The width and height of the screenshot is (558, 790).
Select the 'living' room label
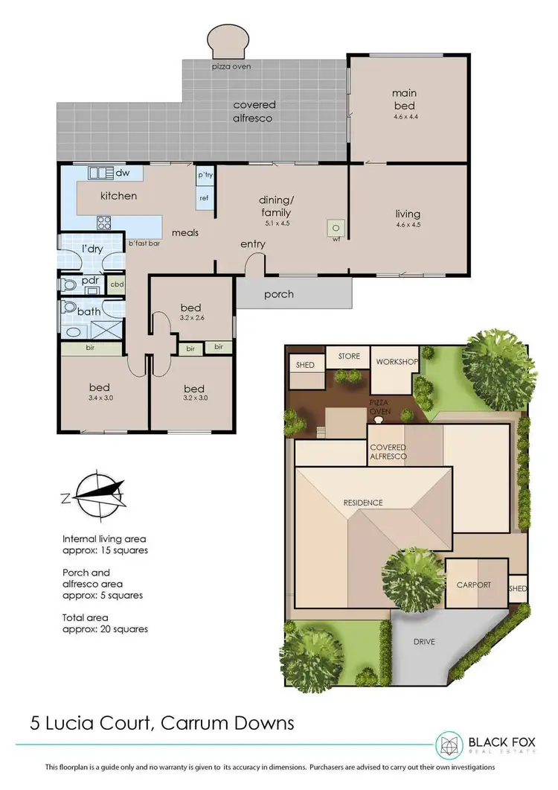[408, 214]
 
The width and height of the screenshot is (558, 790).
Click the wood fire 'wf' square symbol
[336, 228]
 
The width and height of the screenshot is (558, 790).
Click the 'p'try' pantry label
[204, 175]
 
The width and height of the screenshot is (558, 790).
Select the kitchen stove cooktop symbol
[104, 221]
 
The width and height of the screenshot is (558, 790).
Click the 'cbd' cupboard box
[117, 284]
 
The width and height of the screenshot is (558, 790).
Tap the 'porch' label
[279, 294]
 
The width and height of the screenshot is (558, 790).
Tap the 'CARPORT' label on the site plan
[473, 584]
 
